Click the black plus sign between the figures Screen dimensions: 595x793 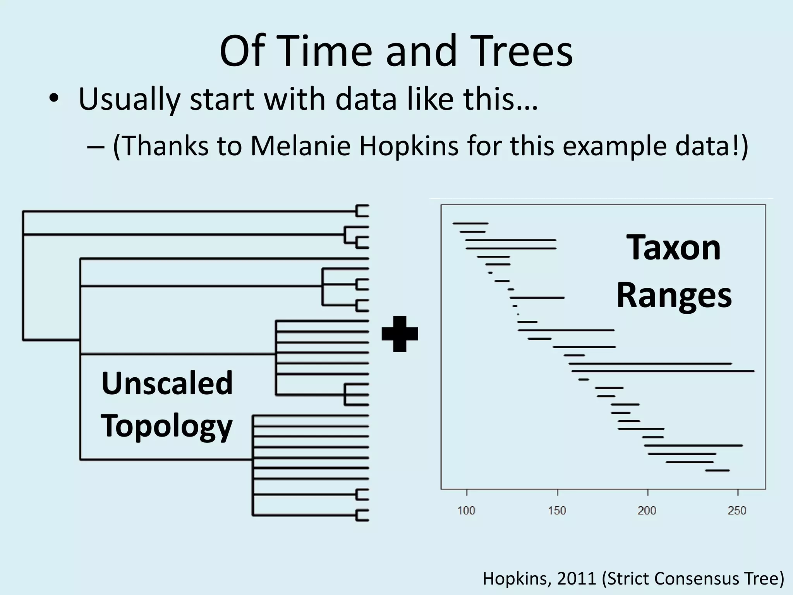tap(400, 334)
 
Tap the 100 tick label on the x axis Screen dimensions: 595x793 tap(466, 511)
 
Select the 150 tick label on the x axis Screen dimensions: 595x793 tap(557, 511)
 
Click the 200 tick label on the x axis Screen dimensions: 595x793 tap(647, 511)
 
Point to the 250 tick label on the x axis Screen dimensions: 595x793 tap(737, 511)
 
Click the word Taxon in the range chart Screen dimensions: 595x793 tap(674, 248)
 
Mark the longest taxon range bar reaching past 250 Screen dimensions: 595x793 tap(663, 371)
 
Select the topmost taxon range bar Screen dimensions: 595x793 tap(470, 223)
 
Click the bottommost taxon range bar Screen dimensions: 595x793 tap(717, 470)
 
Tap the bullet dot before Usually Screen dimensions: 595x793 tap(54, 98)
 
